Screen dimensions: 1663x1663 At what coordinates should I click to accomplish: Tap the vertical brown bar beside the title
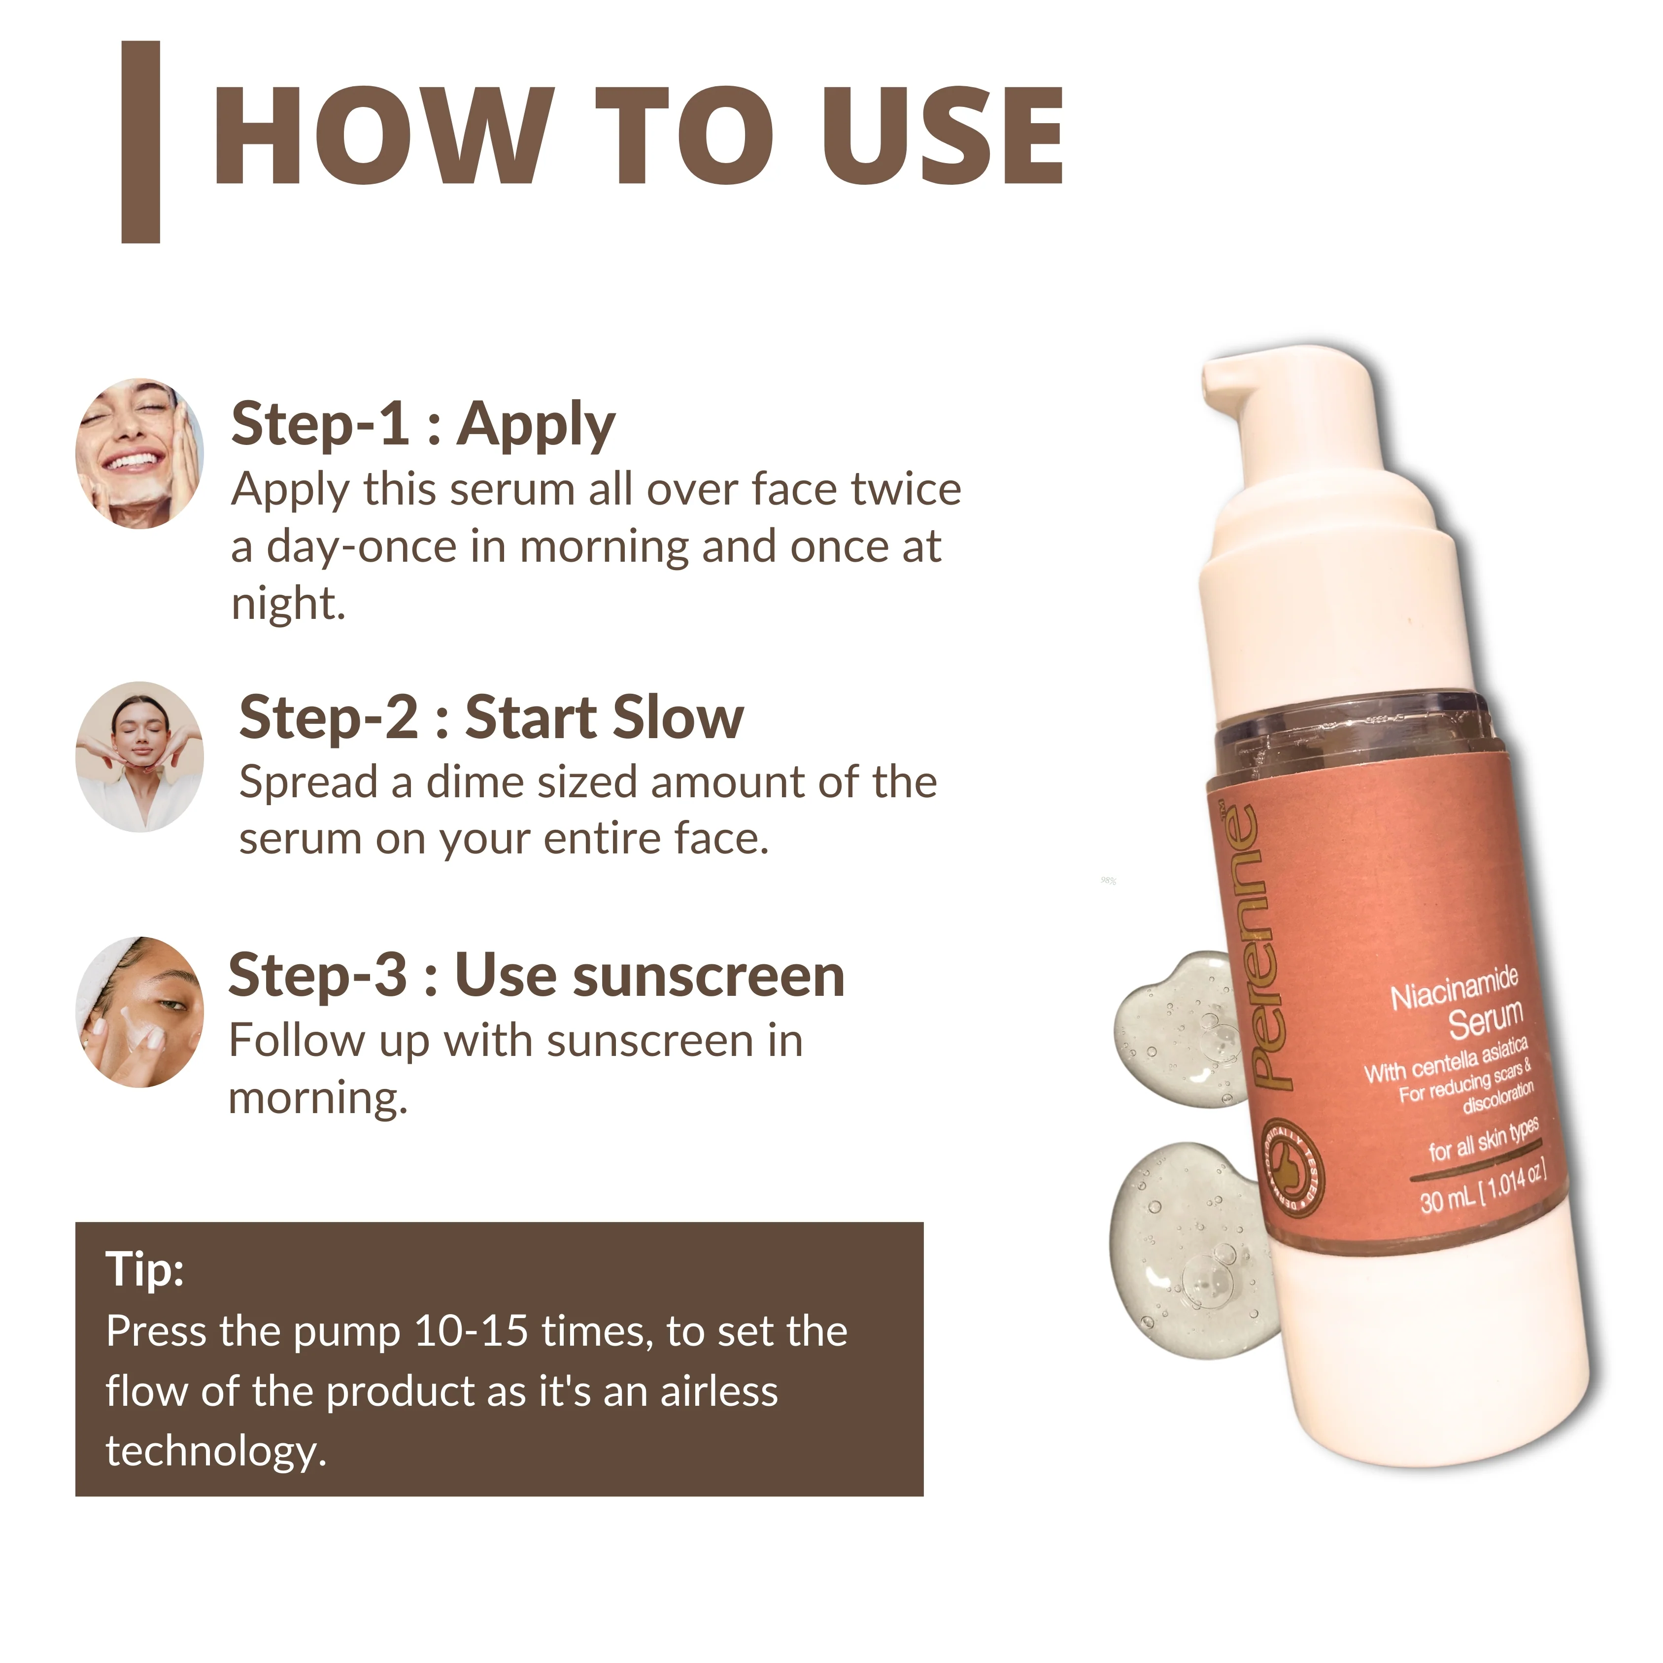tap(141, 142)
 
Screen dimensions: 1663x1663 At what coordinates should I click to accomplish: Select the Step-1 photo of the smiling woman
tap(139, 454)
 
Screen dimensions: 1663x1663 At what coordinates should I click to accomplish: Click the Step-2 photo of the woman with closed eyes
tap(139, 757)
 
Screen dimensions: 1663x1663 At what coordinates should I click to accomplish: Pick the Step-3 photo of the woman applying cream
tap(139, 1012)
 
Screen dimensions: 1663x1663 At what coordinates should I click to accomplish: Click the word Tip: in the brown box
tap(144, 1269)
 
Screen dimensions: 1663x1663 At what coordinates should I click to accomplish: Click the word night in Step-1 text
tap(287, 604)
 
